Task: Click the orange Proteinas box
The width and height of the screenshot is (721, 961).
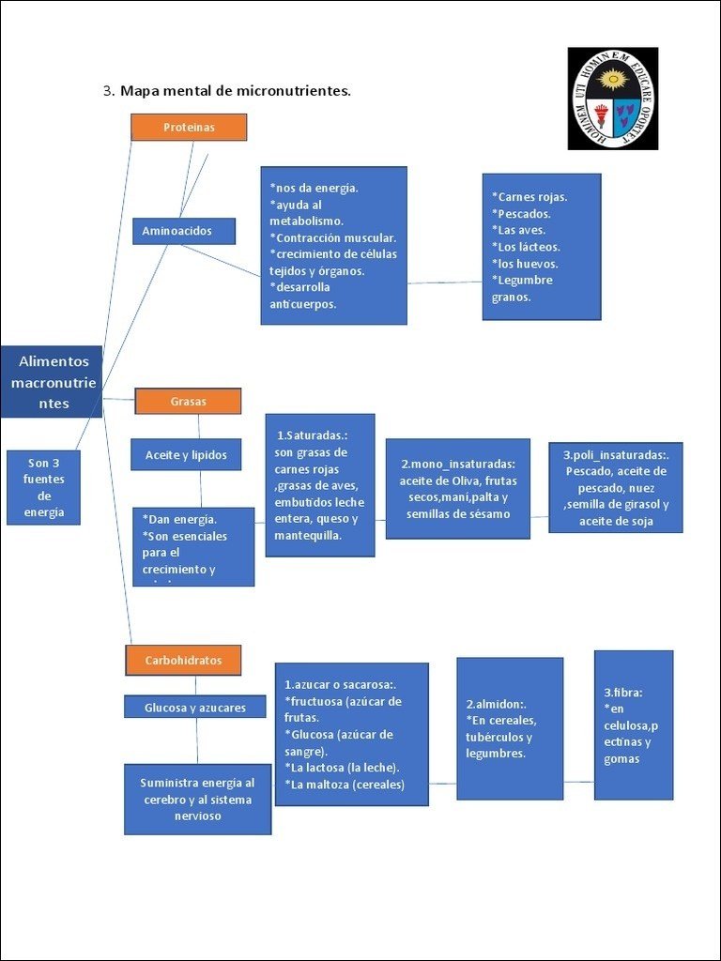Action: (x=189, y=128)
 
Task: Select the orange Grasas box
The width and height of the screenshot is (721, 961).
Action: (x=188, y=402)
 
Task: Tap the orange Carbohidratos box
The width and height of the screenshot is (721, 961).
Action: (x=183, y=661)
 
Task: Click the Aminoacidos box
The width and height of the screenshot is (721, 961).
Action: (x=183, y=231)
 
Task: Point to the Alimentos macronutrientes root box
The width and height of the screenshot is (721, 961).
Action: (x=52, y=382)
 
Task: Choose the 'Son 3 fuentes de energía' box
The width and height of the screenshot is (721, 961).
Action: (x=43, y=488)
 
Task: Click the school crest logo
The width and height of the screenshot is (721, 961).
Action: (x=612, y=99)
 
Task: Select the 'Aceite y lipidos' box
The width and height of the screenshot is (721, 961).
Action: (x=186, y=455)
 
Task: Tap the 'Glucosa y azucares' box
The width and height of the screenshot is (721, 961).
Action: (x=195, y=708)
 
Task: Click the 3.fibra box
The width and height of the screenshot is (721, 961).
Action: (x=634, y=725)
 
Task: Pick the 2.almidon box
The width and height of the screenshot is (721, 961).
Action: (x=510, y=728)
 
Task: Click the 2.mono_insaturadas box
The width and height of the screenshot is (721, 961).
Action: (x=458, y=489)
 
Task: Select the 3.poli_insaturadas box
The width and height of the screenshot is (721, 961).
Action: (x=616, y=488)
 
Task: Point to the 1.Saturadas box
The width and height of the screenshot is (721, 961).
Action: (x=320, y=485)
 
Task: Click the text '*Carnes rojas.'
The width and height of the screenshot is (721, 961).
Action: (x=529, y=197)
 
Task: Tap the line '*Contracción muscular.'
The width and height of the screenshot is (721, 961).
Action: (x=332, y=237)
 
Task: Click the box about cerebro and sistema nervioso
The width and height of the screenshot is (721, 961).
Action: (x=197, y=800)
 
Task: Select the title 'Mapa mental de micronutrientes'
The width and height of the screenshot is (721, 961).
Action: (x=235, y=91)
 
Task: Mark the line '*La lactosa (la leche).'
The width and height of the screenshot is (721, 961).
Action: (x=342, y=768)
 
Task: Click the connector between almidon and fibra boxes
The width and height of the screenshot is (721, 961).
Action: (x=578, y=782)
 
